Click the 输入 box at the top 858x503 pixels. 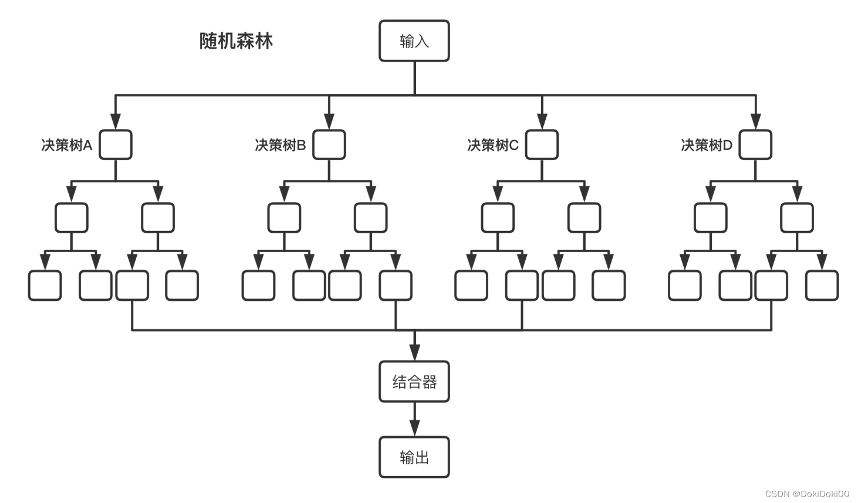click(x=414, y=41)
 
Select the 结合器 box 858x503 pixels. click(x=414, y=382)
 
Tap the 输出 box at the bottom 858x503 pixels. click(x=414, y=457)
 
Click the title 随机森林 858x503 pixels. click(x=236, y=41)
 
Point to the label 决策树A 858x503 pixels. click(x=67, y=145)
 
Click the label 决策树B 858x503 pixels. click(x=281, y=145)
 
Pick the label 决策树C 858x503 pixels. click(x=493, y=145)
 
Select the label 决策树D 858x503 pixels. click(x=707, y=145)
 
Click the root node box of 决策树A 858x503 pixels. click(x=116, y=145)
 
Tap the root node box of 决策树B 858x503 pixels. click(x=329, y=145)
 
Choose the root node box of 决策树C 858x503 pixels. click(x=542, y=145)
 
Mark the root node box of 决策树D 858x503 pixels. click(x=755, y=145)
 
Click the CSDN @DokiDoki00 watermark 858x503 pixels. click(x=807, y=494)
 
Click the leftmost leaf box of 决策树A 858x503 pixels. click(x=45, y=286)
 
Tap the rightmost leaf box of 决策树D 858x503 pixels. click(x=822, y=286)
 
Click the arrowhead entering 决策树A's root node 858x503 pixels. click(x=116, y=121)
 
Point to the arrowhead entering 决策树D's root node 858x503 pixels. click(x=755, y=121)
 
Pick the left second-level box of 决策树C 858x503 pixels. click(x=498, y=218)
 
